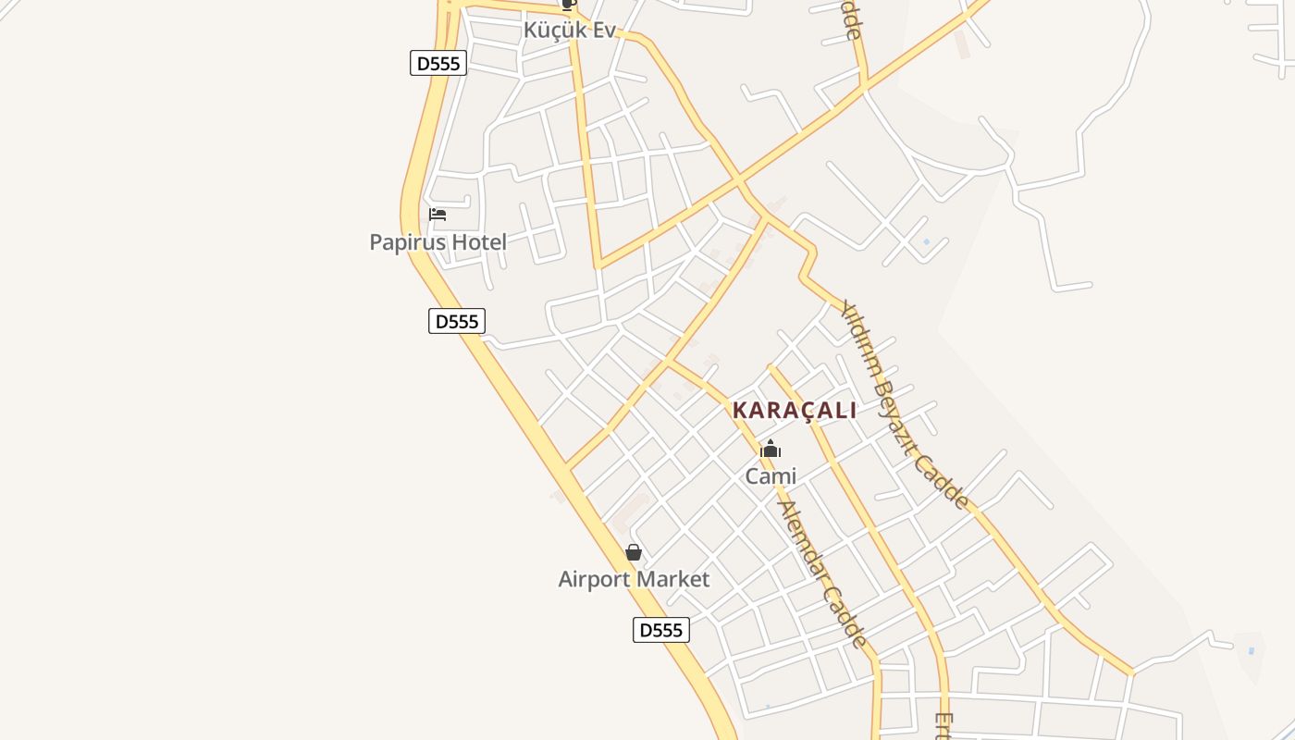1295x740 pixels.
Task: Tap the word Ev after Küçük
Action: point(603,30)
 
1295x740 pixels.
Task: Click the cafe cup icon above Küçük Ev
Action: point(569,5)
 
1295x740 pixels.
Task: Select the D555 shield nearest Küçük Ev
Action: point(438,63)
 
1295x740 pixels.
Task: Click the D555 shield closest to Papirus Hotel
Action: point(456,321)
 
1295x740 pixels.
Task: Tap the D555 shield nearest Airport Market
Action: point(660,630)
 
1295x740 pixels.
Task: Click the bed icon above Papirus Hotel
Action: point(438,215)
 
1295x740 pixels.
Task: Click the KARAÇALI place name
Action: point(795,411)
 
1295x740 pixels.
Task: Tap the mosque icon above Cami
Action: point(770,450)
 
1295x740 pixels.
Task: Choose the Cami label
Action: point(771,476)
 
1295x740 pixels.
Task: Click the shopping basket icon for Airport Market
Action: point(634,552)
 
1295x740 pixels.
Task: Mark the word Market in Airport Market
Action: point(676,580)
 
